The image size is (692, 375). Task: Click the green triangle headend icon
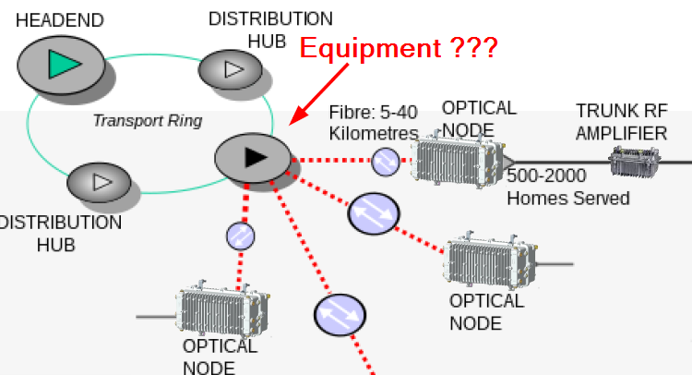(64, 64)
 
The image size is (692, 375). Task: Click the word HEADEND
(60, 19)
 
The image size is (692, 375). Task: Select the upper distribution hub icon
(232, 69)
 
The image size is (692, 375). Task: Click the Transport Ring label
(148, 121)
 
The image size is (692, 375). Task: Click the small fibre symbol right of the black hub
(385, 162)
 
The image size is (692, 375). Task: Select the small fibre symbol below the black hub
(241, 236)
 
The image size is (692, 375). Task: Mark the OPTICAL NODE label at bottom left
(221, 357)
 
